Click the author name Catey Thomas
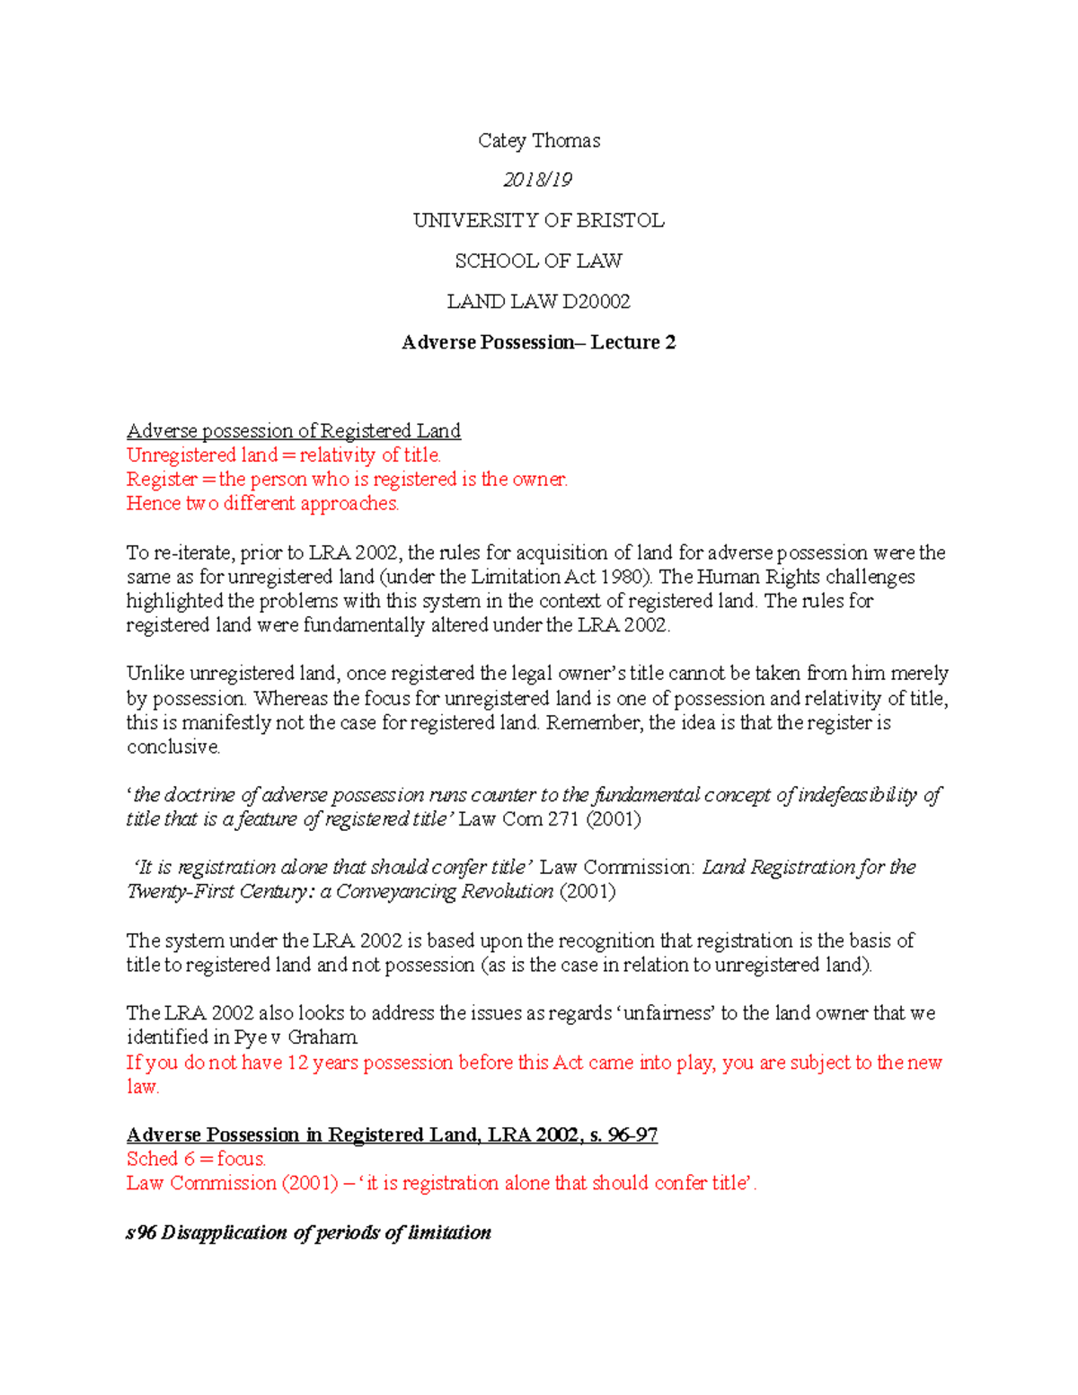pyautogui.click(x=538, y=140)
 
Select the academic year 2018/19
pyautogui.click(x=537, y=180)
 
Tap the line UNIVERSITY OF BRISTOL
pyautogui.click(x=538, y=220)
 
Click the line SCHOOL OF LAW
pyautogui.click(x=538, y=260)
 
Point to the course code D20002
pyautogui.click(x=583, y=301)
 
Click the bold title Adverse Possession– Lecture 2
pyautogui.click(x=538, y=342)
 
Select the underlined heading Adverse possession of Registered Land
pyautogui.click(x=293, y=430)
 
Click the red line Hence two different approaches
pyautogui.click(x=262, y=503)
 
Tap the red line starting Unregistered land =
pyautogui.click(x=283, y=455)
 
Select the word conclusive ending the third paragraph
pyautogui.click(x=172, y=746)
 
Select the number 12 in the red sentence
pyautogui.click(x=297, y=1062)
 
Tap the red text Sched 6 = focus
pyautogui.click(x=196, y=1159)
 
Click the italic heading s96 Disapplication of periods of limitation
pyautogui.click(x=308, y=1232)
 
